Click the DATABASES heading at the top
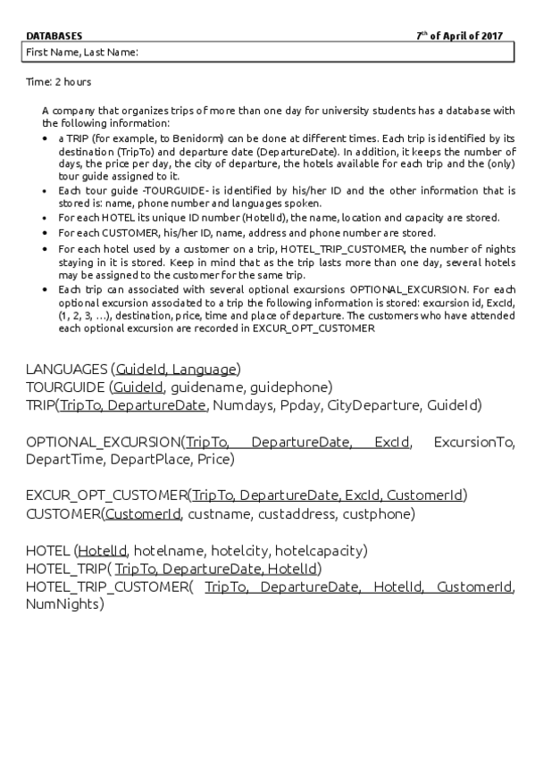click(54, 36)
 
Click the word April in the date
click(456, 36)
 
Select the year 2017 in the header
click(491, 36)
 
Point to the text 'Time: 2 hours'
click(58, 82)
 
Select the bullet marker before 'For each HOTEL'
click(46, 218)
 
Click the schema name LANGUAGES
click(66, 369)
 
